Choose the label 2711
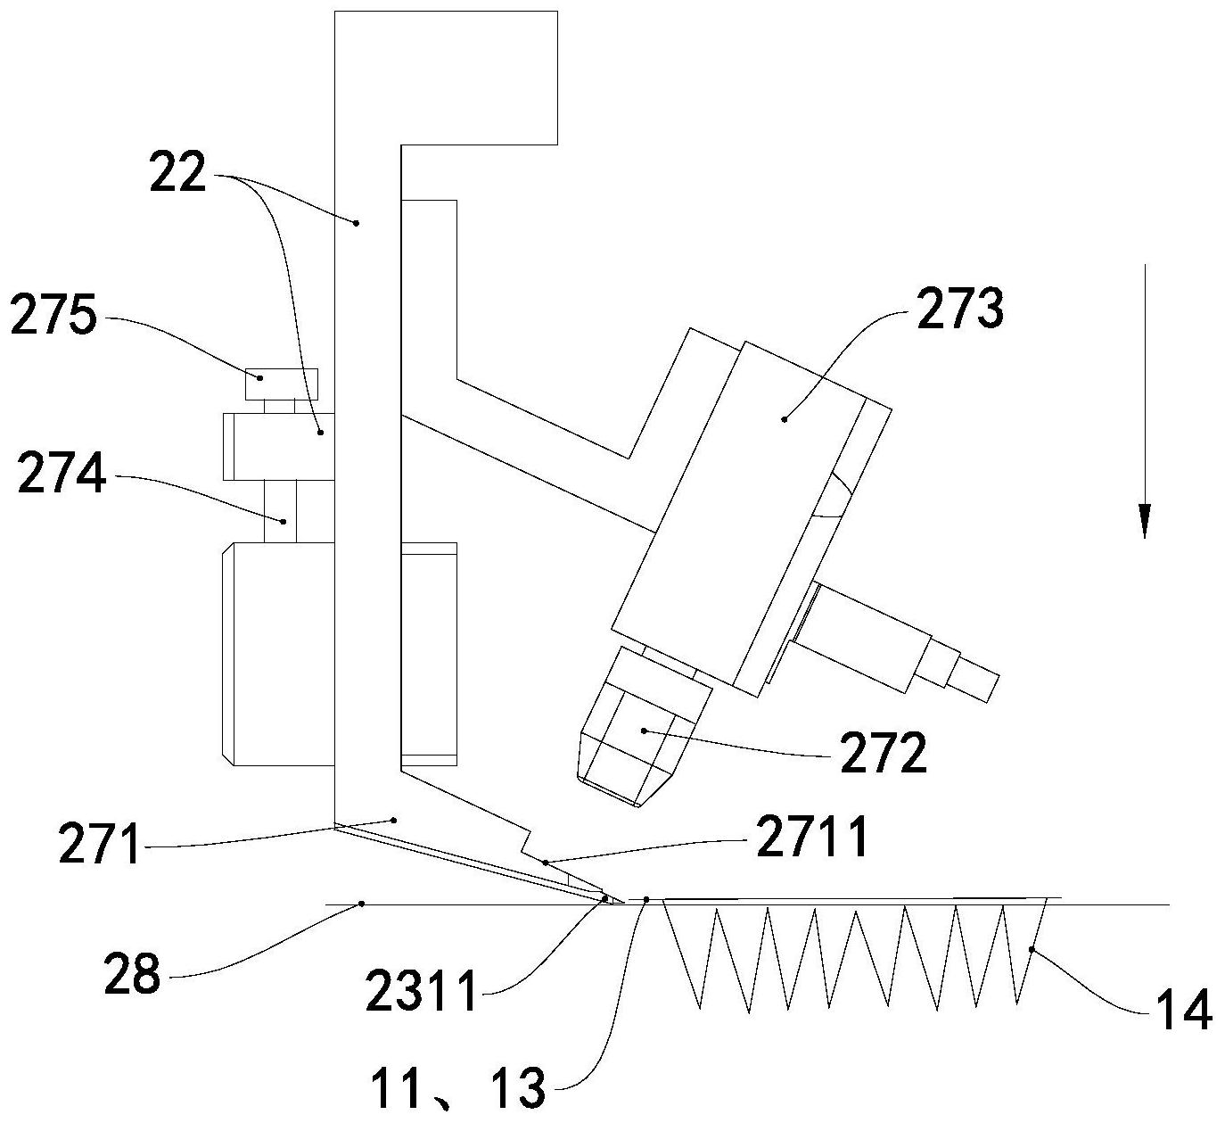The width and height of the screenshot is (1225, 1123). pos(812,838)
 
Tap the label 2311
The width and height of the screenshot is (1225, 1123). pos(421,993)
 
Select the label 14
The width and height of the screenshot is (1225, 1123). pos(1185,1011)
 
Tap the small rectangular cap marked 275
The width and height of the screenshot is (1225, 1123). pos(281,384)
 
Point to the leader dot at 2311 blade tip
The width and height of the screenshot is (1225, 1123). pos(605,899)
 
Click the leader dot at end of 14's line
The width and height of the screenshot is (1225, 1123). pos(1032,951)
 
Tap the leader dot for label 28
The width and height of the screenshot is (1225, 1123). pos(361,904)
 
